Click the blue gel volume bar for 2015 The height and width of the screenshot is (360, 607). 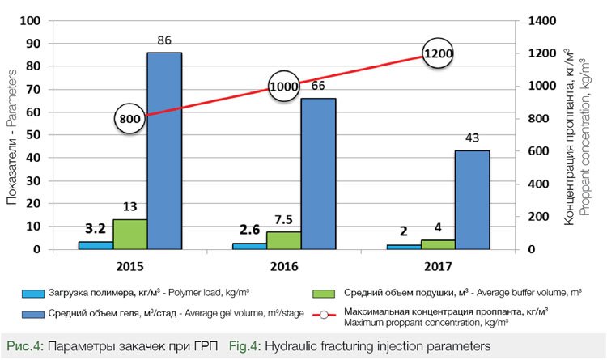pos(164,150)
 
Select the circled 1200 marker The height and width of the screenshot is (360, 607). pos(437,53)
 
